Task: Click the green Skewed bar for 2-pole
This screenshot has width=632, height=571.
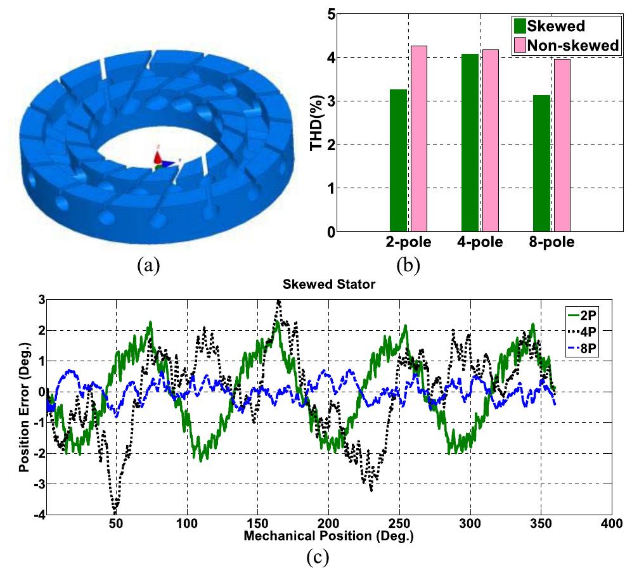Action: pyautogui.click(x=398, y=160)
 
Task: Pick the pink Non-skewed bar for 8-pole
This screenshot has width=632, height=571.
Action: pyautogui.click(x=562, y=145)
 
